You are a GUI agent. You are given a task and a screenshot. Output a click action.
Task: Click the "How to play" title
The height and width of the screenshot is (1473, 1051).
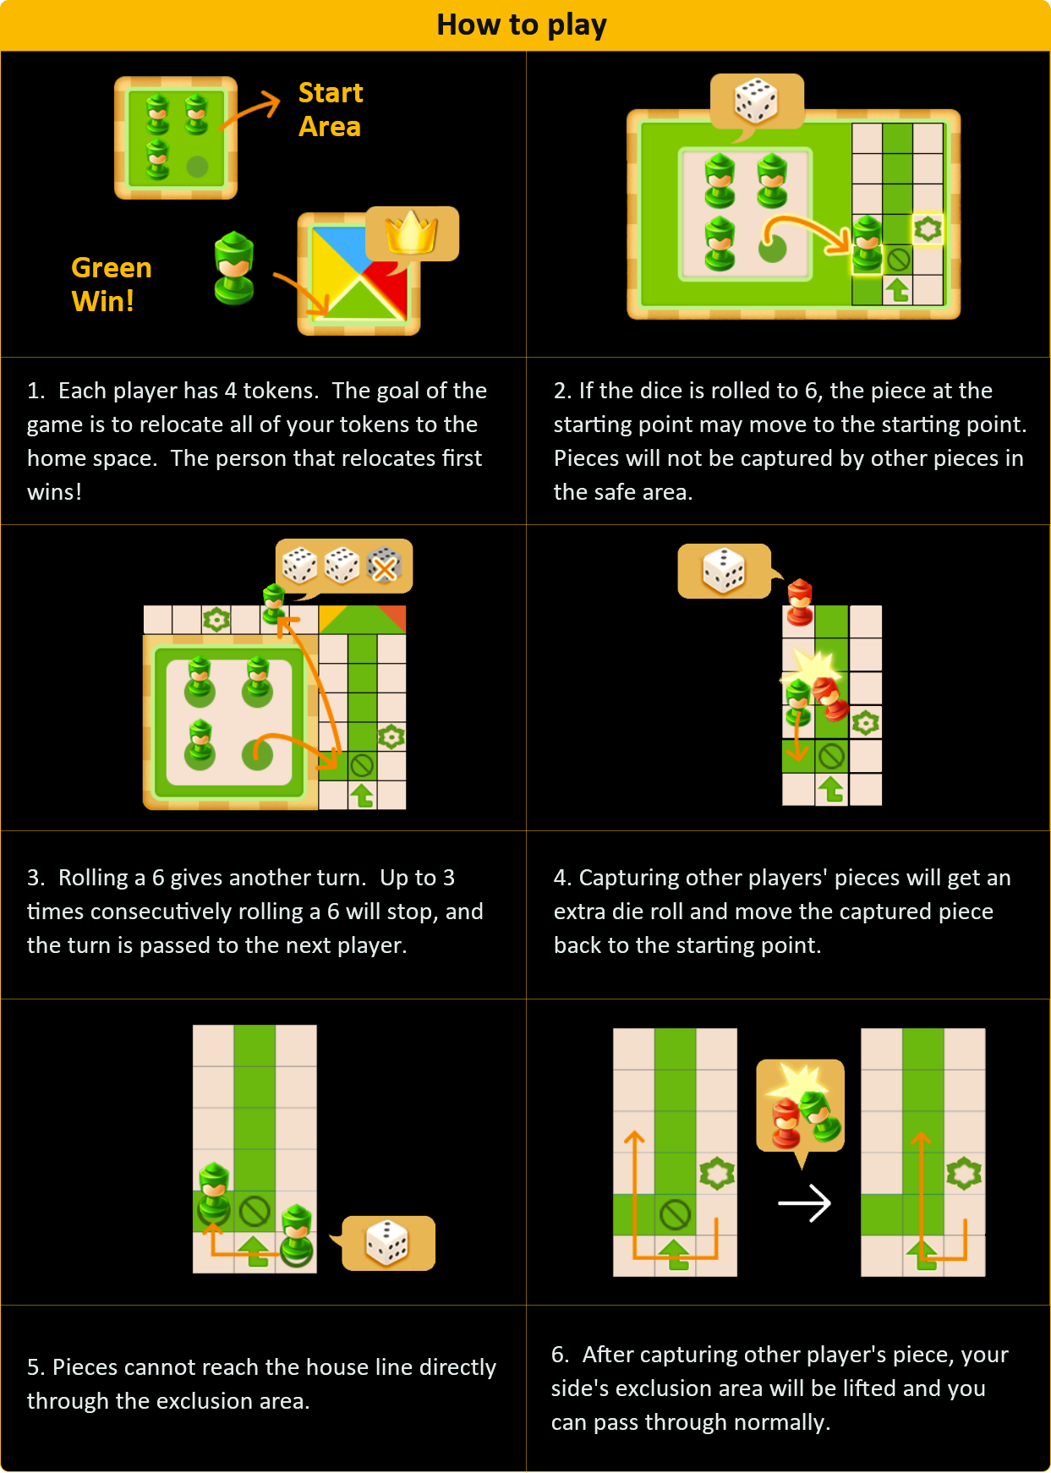[x=522, y=25]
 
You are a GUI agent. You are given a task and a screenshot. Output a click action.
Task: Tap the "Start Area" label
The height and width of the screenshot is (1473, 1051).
[x=331, y=109]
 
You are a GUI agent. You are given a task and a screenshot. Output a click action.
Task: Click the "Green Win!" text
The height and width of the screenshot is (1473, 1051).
[x=111, y=284]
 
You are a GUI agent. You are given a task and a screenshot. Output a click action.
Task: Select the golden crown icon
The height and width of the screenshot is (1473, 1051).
[x=412, y=233]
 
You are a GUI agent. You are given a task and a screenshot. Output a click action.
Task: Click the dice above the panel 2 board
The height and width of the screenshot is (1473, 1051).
[x=756, y=101]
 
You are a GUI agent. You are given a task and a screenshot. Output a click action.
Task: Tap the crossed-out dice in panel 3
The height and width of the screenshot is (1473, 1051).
[x=385, y=566]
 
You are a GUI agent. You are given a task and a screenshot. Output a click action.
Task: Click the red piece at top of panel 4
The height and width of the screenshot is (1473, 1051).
[x=800, y=602]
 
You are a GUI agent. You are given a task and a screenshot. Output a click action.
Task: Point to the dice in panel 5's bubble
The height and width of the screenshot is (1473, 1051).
[x=387, y=1242]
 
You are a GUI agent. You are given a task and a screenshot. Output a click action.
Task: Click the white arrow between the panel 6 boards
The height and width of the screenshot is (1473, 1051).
[x=804, y=1202]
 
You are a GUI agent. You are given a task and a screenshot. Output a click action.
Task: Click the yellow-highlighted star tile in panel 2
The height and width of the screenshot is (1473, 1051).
[x=928, y=229]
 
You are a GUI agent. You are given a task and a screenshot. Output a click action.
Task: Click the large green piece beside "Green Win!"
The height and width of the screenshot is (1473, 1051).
[x=234, y=268]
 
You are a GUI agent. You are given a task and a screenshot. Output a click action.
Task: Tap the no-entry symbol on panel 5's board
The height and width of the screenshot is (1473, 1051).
[x=255, y=1211]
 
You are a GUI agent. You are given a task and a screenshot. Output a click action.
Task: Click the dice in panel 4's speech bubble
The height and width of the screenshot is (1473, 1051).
[x=725, y=570]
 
